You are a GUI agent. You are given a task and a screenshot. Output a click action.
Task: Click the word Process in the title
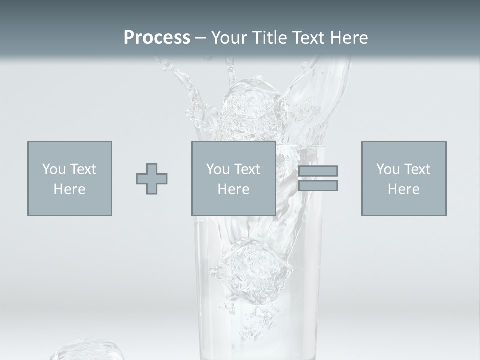pyautogui.click(x=157, y=38)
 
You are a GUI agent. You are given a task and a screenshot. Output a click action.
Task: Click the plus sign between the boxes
pyautogui.click(x=152, y=179)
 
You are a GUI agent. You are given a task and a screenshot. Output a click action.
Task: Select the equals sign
pyautogui.click(x=318, y=178)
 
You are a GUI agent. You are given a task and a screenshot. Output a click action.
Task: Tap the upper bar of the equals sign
pyautogui.click(x=318, y=171)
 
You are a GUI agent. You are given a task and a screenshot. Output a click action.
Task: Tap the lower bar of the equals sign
pyautogui.click(x=318, y=186)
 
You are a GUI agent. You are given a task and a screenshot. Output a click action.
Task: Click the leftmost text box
pyautogui.click(x=70, y=178)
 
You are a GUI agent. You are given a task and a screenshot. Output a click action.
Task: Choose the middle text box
pyautogui.click(x=233, y=178)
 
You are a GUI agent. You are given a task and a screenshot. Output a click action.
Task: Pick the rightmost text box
pyautogui.click(x=404, y=178)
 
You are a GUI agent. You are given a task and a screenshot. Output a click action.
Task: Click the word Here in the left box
pyautogui.click(x=70, y=189)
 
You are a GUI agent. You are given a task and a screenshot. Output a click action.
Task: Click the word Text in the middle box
pyautogui.click(x=247, y=169)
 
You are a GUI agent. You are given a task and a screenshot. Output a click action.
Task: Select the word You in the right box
pyautogui.click(x=388, y=169)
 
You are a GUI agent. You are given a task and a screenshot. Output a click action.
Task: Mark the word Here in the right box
pyautogui.click(x=404, y=189)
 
